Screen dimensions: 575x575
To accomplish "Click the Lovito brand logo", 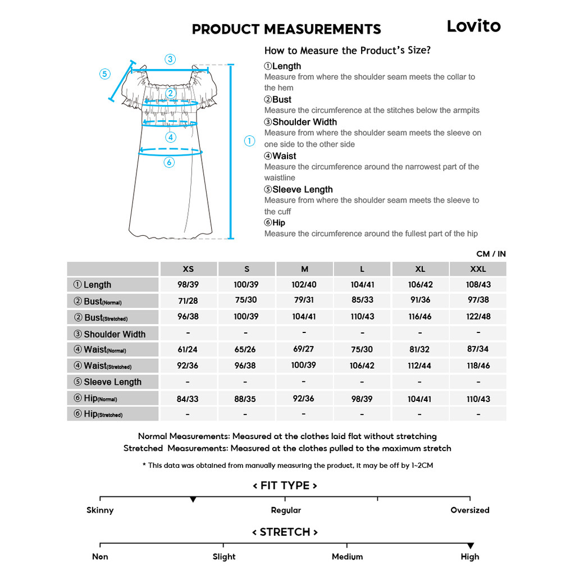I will point(473,26).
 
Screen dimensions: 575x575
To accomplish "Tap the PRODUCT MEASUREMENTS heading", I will point(286,29).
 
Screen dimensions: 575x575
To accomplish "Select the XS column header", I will point(188,269).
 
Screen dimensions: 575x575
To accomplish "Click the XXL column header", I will point(478,269).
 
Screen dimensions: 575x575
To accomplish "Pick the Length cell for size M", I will point(304,285).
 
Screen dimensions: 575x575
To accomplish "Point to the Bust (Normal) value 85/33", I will point(362,300).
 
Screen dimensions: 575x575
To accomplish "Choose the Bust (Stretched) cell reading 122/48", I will point(478,316).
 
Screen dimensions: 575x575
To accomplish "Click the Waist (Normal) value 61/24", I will point(188,349).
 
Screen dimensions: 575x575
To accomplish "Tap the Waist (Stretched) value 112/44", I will point(420,366).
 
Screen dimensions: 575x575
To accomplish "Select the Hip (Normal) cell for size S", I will point(246,399).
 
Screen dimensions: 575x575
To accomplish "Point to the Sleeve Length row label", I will point(112,382).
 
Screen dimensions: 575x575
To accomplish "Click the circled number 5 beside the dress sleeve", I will point(105,74).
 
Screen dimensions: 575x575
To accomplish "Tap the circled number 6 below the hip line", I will point(169,162).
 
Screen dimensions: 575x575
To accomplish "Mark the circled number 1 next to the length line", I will point(250,142).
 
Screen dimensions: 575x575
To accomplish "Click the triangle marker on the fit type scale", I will point(193,499).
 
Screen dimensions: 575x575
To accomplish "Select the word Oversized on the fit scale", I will point(470,510).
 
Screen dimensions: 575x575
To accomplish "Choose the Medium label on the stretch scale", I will point(347,557).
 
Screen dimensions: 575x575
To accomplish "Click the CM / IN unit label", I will point(491,254).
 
